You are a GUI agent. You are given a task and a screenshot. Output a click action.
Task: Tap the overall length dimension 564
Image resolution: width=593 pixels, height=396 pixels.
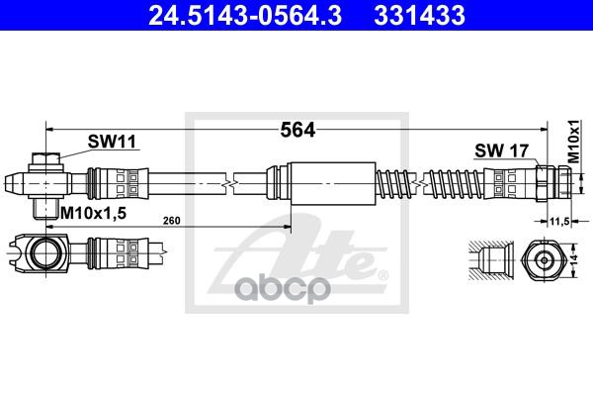(297, 129)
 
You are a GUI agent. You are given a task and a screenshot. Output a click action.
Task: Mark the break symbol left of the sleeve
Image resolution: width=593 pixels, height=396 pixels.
(229, 183)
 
